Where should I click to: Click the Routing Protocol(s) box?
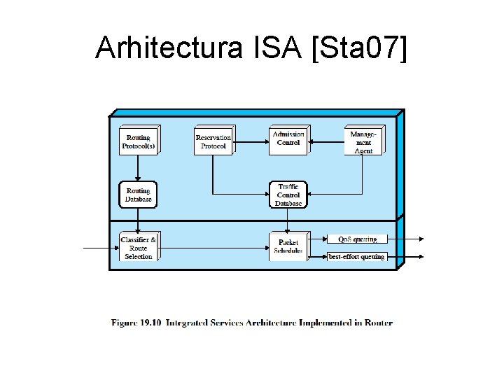(x=138, y=141)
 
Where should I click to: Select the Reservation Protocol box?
(x=213, y=141)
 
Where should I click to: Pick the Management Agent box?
(x=363, y=141)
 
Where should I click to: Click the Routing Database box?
(x=138, y=195)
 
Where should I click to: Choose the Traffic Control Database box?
(x=288, y=195)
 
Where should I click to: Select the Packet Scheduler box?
(x=288, y=247)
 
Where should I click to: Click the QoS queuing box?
(x=357, y=239)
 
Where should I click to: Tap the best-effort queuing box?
(x=357, y=257)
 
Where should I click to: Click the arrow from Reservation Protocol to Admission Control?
(x=251, y=142)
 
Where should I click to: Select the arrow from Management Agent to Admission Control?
(x=326, y=142)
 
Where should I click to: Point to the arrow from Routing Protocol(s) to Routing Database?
(x=138, y=168)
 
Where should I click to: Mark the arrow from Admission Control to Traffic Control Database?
(x=288, y=166)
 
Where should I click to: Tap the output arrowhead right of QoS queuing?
(x=420, y=239)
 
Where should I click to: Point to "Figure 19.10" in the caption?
(x=136, y=323)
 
